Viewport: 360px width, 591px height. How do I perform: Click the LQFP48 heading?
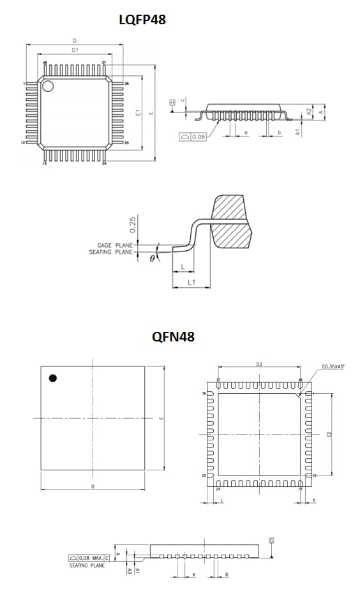point(142,20)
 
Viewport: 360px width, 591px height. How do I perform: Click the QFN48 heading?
point(173,337)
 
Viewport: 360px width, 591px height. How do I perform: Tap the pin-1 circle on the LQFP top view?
point(48,86)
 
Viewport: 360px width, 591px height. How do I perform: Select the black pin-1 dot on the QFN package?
point(52,378)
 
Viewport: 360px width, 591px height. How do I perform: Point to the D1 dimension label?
point(75,50)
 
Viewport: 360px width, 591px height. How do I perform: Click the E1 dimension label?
point(138,112)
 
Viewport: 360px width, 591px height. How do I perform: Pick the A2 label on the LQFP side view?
point(308,110)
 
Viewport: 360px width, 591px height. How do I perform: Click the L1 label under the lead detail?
point(191,281)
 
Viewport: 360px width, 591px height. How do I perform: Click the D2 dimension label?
point(259,364)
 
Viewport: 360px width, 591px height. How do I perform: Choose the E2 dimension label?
point(329,434)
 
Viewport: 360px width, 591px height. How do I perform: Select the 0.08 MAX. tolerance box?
point(89,558)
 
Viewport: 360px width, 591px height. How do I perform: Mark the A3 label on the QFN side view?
point(130,572)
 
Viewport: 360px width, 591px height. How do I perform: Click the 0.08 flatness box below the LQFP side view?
point(193,137)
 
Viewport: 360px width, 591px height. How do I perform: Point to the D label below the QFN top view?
point(93,486)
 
